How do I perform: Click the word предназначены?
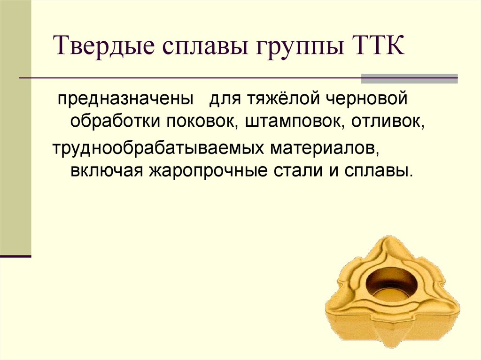click(126, 100)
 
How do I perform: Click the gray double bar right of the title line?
click(409, 78)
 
